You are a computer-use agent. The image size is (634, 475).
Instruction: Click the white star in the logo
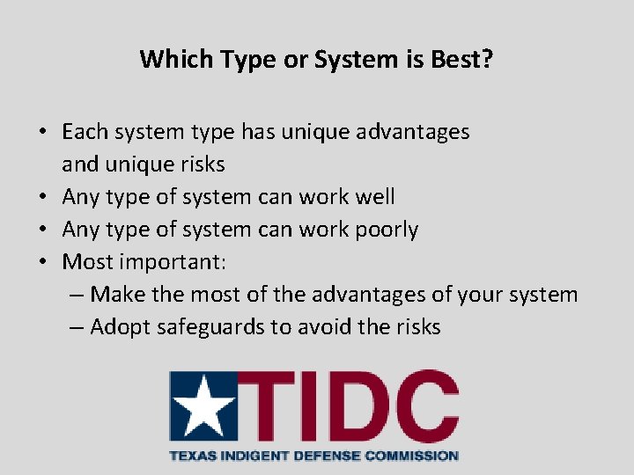tap(203, 406)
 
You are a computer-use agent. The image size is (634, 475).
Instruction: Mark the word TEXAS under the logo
tap(189, 456)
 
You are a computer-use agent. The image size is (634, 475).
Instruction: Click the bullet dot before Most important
tap(42, 262)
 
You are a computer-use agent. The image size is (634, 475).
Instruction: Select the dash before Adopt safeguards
tap(77, 327)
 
